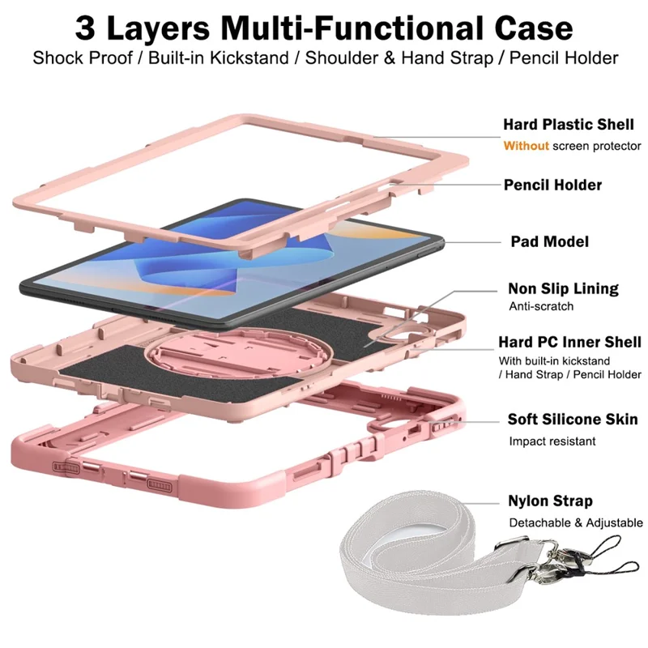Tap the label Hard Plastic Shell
(x=568, y=125)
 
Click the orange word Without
(x=526, y=146)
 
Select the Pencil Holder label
(x=552, y=185)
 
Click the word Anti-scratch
(x=541, y=306)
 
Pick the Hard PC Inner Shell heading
(x=574, y=342)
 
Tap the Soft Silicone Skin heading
(x=572, y=420)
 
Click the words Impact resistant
(x=552, y=441)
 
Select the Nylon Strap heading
(x=550, y=501)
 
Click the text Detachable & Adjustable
(x=575, y=522)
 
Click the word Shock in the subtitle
(x=60, y=58)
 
